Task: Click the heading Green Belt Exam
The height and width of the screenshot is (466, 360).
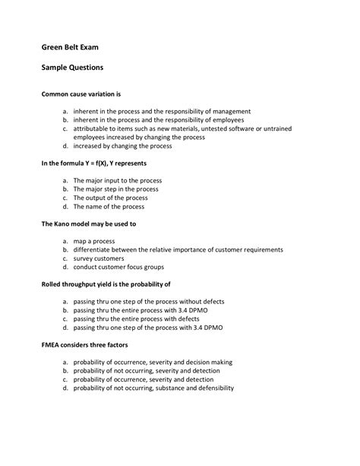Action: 69,47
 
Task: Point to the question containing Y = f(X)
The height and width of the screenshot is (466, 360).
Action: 99,163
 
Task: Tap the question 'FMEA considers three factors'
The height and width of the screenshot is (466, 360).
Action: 89,345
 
